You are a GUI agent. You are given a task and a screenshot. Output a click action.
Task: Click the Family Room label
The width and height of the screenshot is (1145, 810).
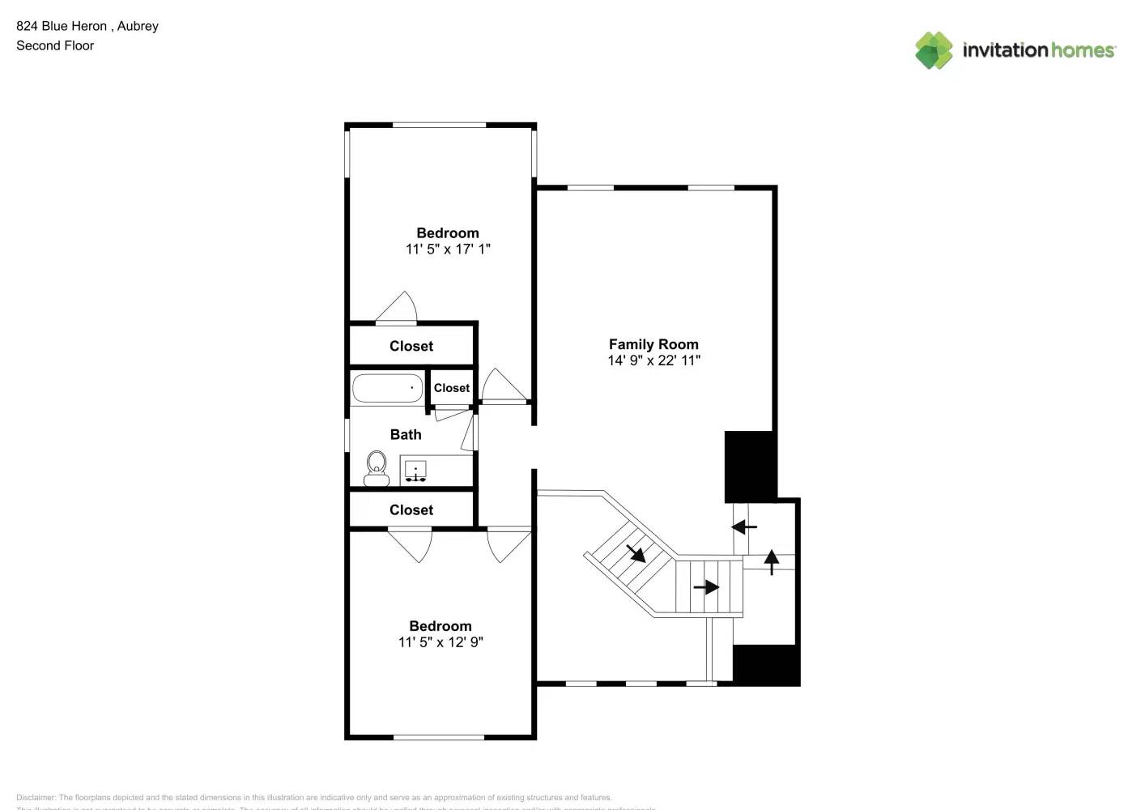click(653, 344)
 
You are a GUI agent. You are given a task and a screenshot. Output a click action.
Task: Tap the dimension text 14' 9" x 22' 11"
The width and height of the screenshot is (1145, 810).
click(653, 360)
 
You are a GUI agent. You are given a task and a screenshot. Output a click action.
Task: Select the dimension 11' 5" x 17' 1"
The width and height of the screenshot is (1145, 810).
click(448, 249)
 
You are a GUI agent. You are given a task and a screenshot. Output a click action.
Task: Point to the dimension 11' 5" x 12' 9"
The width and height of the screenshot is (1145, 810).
click(441, 642)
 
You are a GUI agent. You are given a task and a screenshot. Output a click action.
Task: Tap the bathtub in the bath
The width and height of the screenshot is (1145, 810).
click(388, 388)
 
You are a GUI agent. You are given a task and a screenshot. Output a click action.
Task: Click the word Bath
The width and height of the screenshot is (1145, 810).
click(406, 435)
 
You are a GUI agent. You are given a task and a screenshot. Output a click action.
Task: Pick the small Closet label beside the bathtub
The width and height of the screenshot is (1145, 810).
click(451, 388)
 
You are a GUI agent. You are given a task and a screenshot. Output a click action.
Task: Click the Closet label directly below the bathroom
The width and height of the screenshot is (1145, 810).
click(411, 510)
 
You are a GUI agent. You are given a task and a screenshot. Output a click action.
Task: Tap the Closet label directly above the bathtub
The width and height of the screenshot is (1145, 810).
click(411, 347)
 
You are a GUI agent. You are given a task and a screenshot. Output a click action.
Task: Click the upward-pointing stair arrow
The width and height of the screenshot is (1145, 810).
click(772, 561)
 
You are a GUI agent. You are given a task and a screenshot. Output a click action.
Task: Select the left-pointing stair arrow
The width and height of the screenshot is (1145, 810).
click(744, 527)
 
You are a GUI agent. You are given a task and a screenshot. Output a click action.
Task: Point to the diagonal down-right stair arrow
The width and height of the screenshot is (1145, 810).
click(636, 553)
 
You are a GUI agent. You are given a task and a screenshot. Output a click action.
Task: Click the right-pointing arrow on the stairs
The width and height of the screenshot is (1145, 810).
click(706, 587)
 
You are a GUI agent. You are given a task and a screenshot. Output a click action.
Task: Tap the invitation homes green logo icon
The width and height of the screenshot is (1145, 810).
click(934, 50)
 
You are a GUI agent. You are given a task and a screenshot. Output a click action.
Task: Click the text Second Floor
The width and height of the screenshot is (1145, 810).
click(55, 46)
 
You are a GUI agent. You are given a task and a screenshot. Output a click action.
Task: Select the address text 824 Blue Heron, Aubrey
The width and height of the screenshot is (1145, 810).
click(87, 26)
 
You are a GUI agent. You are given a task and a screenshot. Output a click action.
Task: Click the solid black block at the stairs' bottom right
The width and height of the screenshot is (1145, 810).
click(766, 665)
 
